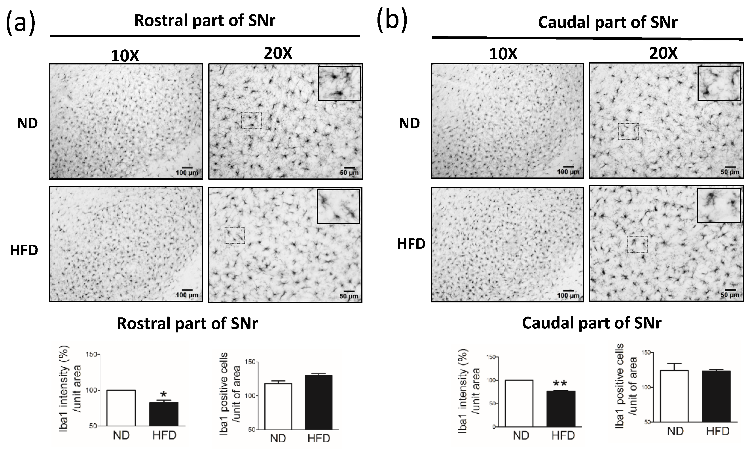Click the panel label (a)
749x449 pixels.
[x=21, y=23]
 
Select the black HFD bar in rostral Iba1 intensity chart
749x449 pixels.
[x=164, y=414]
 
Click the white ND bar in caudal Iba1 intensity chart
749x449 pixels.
[x=519, y=403]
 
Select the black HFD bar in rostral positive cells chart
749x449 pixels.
[x=319, y=402]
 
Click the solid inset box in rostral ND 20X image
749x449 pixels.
[x=339, y=83]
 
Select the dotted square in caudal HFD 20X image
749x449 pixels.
[x=637, y=244]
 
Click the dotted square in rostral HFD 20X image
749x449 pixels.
[x=235, y=235]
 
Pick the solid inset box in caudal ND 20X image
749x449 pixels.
[x=719, y=83]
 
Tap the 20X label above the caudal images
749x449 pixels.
[x=663, y=54]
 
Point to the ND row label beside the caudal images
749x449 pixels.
[x=409, y=123]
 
